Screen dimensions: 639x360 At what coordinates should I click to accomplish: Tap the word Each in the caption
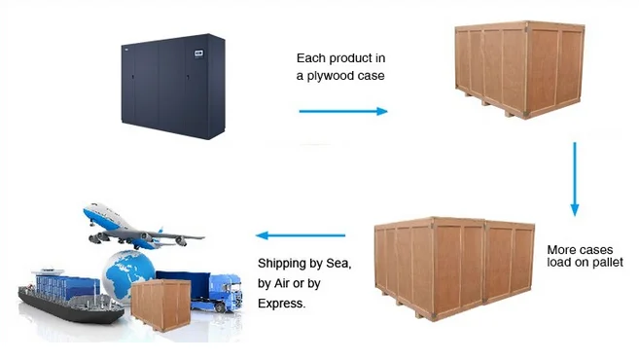click(x=313, y=57)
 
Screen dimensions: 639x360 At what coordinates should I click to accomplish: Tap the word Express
click(x=281, y=304)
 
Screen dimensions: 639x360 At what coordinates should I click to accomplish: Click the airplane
click(x=136, y=226)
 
